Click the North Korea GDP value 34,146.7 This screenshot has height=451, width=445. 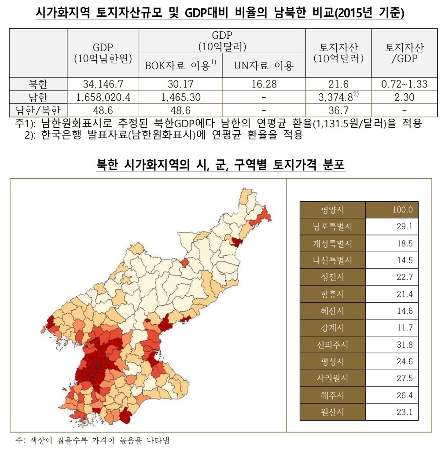tap(103, 84)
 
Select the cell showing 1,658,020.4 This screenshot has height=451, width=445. tap(103, 97)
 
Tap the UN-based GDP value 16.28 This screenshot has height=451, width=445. tap(264, 84)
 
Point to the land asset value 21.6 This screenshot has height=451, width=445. tap(338, 84)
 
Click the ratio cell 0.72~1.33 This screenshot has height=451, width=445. tap(405, 84)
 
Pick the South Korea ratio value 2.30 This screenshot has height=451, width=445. tap(405, 97)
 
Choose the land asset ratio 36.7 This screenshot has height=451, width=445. tap(338, 110)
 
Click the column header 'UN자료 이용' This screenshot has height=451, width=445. tap(264, 66)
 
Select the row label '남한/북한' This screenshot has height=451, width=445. tap(38, 110)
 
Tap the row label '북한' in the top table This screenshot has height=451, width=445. tap(38, 84)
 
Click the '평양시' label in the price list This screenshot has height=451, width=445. tap(333, 210)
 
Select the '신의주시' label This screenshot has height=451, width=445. tap(333, 345)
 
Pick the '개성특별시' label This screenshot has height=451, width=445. tap(333, 243)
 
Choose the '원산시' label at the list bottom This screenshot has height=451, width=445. tap(333, 412)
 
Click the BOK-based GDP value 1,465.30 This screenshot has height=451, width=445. tap(180, 97)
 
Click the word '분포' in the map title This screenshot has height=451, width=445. tap(333, 165)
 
